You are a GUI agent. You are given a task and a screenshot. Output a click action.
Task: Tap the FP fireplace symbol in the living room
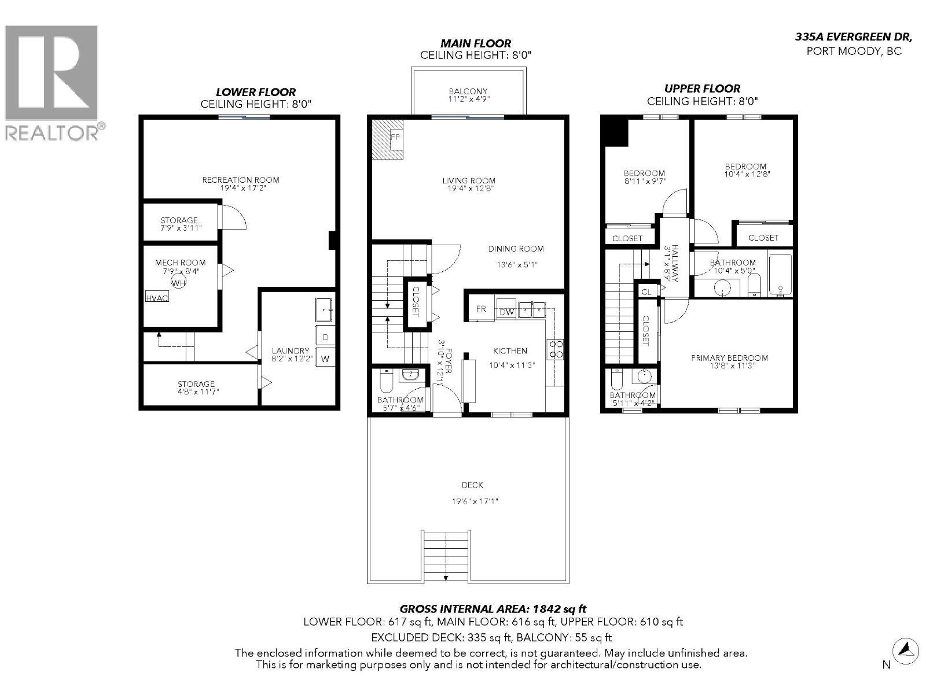pyautogui.click(x=396, y=138)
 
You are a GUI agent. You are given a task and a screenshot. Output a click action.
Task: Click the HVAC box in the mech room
pyautogui.click(x=157, y=298)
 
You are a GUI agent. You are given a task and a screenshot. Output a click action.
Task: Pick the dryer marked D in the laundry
pyautogui.click(x=325, y=337)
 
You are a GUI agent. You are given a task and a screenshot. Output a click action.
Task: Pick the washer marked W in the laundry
pyautogui.click(x=325, y=359)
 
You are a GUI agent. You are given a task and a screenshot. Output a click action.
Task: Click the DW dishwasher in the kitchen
pyautogui.click(x=506, y=311)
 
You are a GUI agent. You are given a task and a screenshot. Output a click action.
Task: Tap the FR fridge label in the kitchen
pyautogui.click(x=481, y=309)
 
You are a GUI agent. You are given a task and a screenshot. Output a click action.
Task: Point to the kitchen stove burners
pyautogui.click(x=556, y=349)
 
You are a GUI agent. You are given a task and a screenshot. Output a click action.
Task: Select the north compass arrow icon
pyautogui.click(x=906, y=650)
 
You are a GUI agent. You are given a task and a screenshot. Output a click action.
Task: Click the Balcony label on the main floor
pyautogui.click(x=468, y=95)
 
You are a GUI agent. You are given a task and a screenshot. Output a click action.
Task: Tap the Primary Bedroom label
pyautogui.click(x=729, y=361)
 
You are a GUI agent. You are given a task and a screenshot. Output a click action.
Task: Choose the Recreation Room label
pyautogui.click(x=240, y=183)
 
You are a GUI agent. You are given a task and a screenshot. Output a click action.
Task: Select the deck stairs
pyautogui.click(x=446, y=556)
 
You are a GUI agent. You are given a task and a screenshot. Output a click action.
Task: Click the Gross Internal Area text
pyautogui.click(x=493, y=608)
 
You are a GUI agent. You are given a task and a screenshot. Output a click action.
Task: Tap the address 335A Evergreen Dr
pyautogui.click(x=854, y=36)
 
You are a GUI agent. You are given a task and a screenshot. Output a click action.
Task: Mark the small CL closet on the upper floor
pyautogui.click(x=646, y=292)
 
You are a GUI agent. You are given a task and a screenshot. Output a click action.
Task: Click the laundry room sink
pyautogui.click(x=324, y=311)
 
